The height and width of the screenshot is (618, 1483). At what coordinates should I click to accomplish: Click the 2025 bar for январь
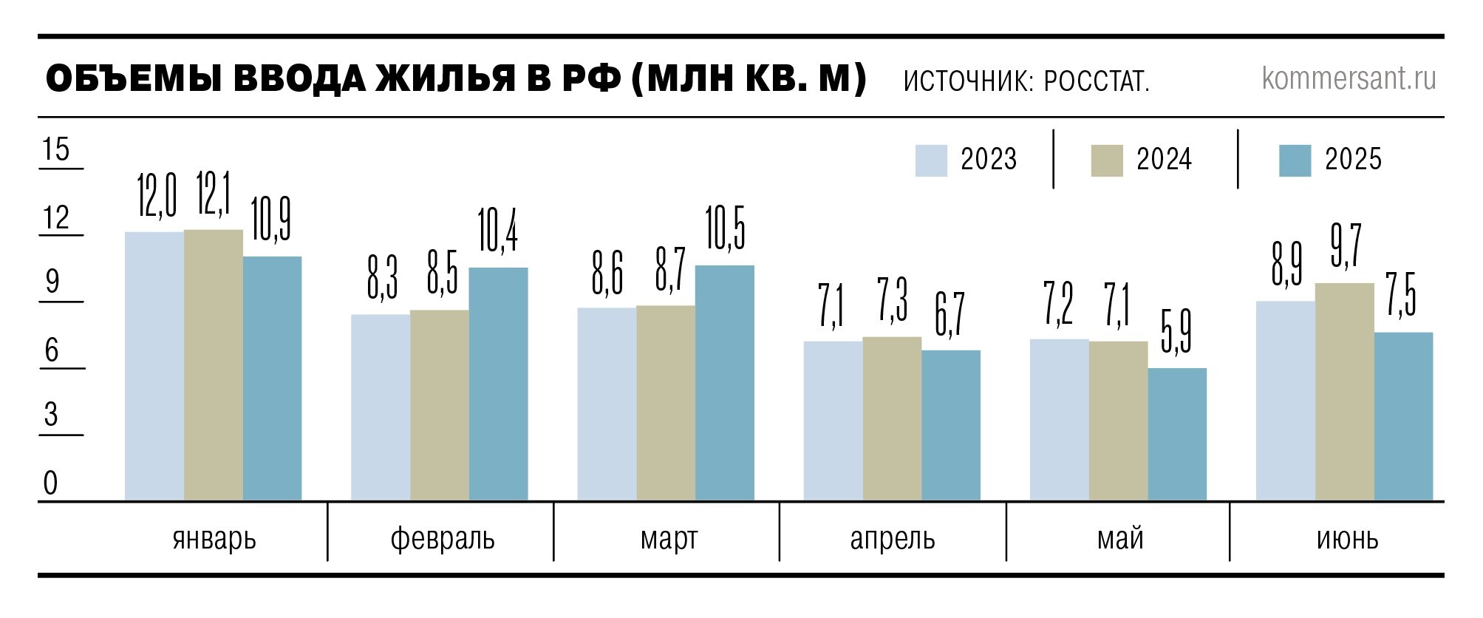[272, 378]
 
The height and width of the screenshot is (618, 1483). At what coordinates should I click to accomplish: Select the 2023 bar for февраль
[381, 407]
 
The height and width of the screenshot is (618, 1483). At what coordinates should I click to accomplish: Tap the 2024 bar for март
[666, 403]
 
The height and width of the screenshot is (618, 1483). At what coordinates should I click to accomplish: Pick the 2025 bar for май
[1177, 435]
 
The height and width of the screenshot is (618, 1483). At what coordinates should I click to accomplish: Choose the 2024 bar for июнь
[1345, 392]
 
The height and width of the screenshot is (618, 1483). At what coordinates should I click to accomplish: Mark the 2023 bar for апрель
[833, 421]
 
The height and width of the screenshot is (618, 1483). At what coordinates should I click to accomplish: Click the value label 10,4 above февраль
[498, 231]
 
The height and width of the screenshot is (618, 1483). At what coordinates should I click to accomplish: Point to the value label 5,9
[1176, 332]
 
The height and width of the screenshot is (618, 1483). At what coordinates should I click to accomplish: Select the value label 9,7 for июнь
[1346, 246]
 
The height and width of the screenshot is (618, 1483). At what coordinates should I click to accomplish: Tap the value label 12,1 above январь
[214, 194]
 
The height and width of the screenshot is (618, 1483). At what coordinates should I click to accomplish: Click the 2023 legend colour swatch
[931, 160]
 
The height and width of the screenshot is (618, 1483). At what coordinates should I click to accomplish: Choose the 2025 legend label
[1353, 160]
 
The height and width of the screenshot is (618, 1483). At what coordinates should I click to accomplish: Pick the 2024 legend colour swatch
[1107, 160]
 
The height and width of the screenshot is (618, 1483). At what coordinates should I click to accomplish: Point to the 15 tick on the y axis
[56, 149]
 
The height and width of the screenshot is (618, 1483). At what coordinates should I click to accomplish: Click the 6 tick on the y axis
[52, 350]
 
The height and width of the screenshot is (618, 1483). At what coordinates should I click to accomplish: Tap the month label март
[669, 539]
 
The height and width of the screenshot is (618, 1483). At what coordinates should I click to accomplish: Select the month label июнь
[1347, 539]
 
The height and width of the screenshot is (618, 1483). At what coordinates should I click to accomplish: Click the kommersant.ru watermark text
[1349, 78]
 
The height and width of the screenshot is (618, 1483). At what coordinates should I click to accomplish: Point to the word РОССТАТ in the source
[1097, 81]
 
